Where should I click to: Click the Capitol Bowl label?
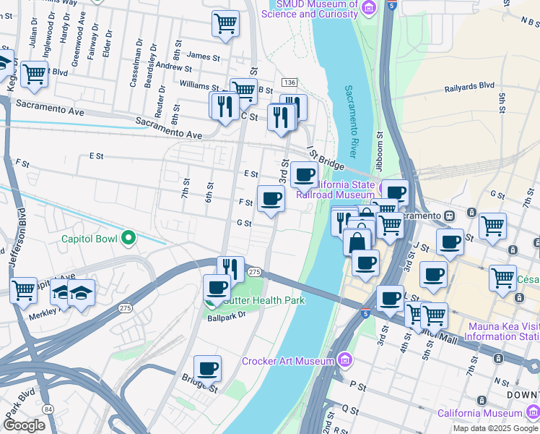pos(88,238)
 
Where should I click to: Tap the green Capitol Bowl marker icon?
pos(129,237)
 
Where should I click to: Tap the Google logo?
pos(24,425)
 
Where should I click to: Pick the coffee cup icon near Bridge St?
pos(208,349)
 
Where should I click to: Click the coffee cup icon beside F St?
pos(271,198)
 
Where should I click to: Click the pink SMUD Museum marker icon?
pos(369,8)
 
